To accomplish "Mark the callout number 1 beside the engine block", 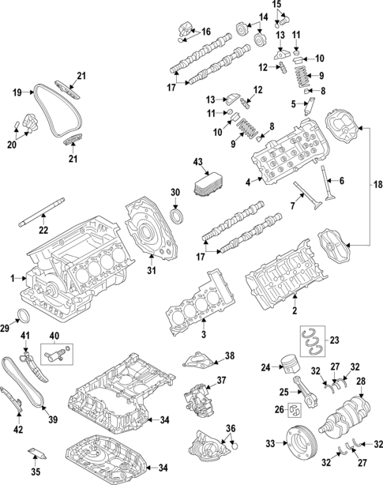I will pyautogui.click(x=13, y=279).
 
